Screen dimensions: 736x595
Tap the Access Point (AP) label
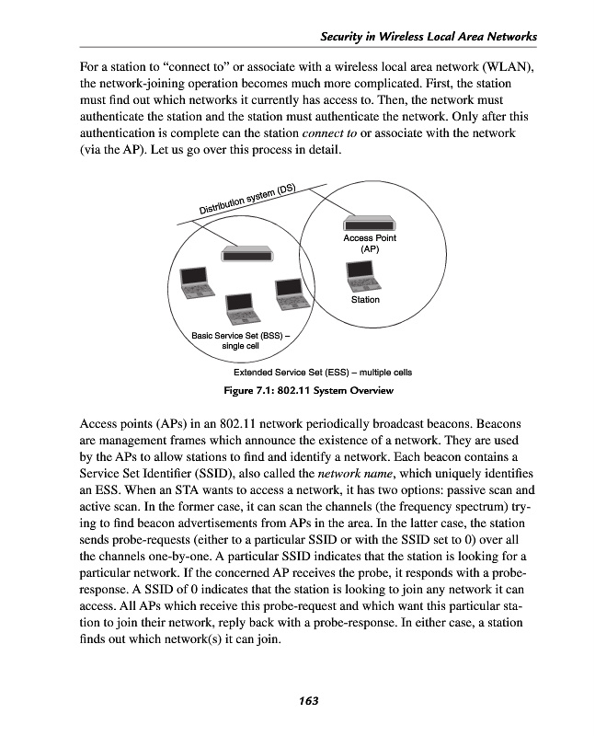[370, 243]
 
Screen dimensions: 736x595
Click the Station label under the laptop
[365, 300]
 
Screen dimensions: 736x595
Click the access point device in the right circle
[371, 223]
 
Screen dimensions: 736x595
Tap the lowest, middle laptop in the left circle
[241, 309]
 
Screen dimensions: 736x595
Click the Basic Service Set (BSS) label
[240, 340]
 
